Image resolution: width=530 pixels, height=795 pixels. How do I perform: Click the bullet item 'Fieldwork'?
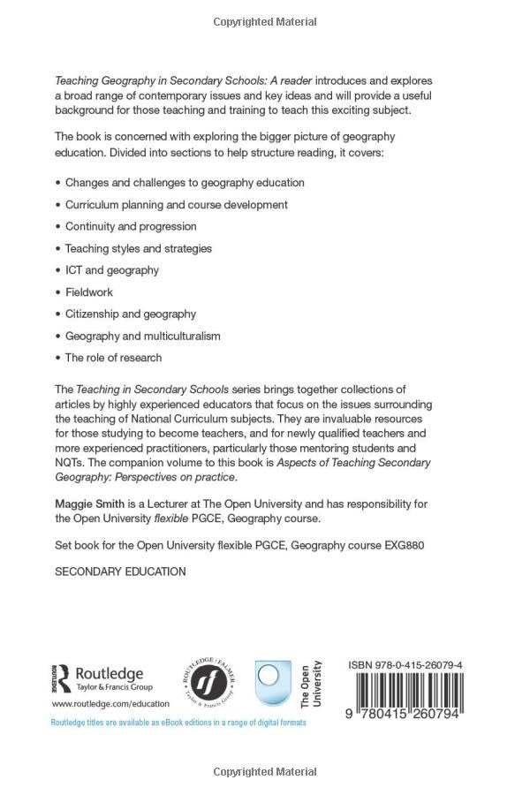[89, 292]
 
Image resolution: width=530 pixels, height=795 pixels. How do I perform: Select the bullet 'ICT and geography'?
[112, 270]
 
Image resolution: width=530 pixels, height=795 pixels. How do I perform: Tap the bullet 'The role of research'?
[114, 358]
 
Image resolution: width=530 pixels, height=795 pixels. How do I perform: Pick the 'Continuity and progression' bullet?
[131, 227]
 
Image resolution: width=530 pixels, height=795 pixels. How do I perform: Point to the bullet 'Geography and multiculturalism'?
[143, 337]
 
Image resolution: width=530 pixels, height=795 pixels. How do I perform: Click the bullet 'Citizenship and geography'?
[131, 314]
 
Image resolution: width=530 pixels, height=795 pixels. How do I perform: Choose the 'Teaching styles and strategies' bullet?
[139, 249]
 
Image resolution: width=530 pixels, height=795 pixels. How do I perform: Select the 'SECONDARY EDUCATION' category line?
[120, 572]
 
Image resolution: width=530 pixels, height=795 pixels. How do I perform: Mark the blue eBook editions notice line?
[178, 723]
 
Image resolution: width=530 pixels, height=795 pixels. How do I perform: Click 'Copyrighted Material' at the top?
[265, 20]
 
